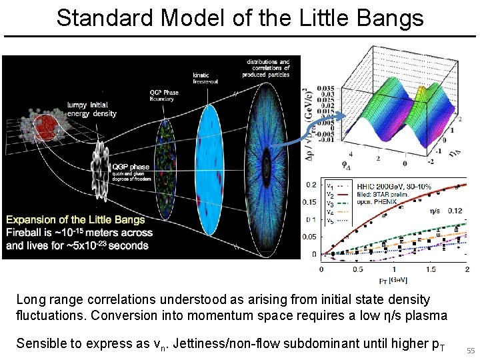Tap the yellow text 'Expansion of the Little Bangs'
pos(75,219)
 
